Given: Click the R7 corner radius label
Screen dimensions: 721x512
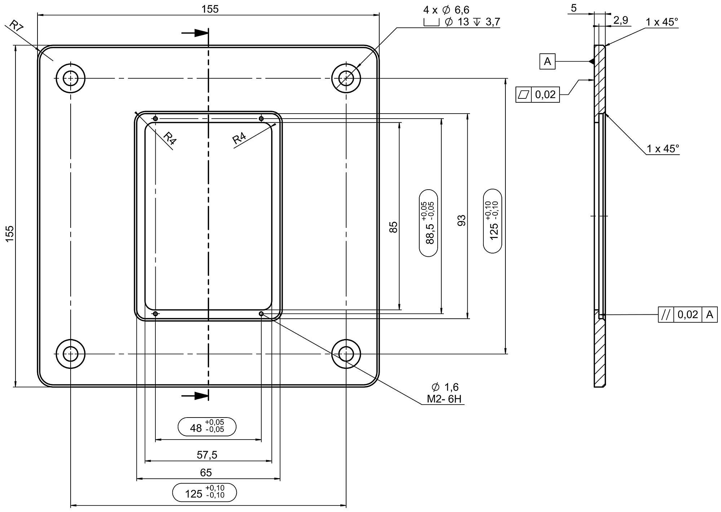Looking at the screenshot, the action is coord(15,27).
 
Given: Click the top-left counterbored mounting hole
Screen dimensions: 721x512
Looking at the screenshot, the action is coord(70,78).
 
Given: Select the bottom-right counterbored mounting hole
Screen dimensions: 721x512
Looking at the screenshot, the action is coord(346,354).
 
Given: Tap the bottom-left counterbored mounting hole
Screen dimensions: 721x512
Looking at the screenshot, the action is coord(70,354).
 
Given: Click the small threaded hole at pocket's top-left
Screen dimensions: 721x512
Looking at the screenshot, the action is coord(155,119).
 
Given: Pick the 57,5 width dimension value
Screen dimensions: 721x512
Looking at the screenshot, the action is coord(207,455).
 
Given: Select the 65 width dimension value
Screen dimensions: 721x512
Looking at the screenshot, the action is coord(206,472).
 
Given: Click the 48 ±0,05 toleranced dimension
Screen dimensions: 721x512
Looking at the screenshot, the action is coord(207,427).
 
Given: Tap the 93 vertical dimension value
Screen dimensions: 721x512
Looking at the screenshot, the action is coord(461,220).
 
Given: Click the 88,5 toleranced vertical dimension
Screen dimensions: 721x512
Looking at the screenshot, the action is coord(429,223).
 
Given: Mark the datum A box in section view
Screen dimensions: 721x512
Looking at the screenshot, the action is coord(547,62).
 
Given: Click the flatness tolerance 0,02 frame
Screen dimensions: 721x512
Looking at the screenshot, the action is coord(538,95).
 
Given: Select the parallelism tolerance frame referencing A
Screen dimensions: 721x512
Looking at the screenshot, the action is coord(688,315).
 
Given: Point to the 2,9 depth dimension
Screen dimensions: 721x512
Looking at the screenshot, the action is coord(620,21).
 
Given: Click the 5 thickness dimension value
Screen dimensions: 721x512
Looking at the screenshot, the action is coord(574,8).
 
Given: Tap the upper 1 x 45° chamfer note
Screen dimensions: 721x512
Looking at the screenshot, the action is coord(662,22).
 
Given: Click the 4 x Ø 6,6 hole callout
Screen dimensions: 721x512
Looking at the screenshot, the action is coord(446,10).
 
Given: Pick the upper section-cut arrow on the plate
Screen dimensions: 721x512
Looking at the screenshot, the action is coord(195,33).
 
